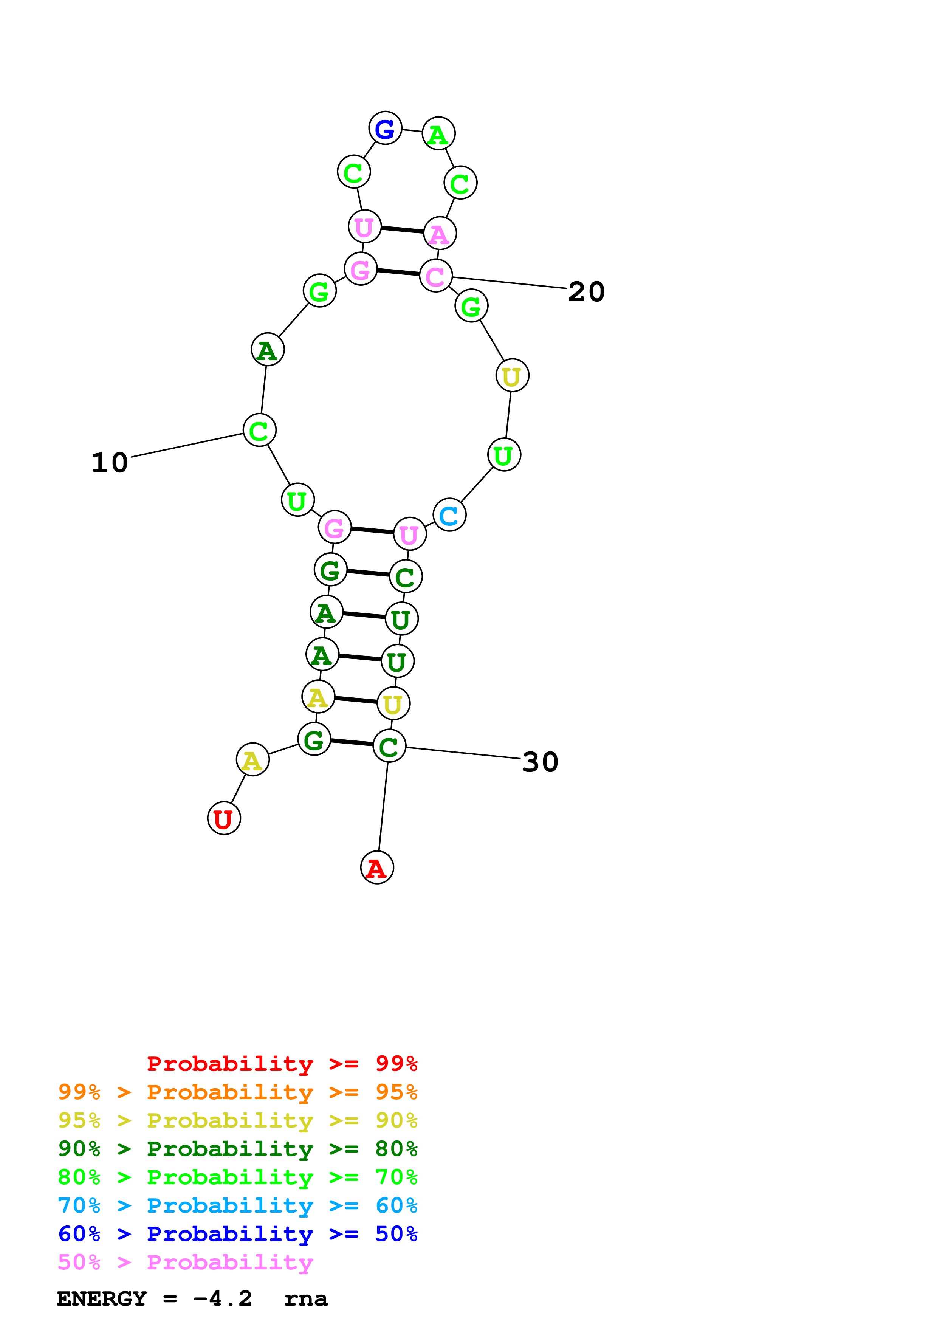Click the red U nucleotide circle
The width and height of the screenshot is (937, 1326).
pos(224,818)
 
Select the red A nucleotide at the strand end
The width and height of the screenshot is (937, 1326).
pos(377,867)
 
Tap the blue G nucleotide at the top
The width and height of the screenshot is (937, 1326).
pos(385,128)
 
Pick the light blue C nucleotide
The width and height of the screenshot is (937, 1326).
pos(449,515)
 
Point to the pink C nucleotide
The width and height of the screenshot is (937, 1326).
pos(436,276)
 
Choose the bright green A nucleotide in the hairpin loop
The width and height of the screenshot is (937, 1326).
pos(439,134)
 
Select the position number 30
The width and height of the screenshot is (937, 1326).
pos(540,762)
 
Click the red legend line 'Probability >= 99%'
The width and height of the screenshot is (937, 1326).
pos(282,1063)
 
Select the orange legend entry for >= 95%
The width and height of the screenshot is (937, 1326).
pos(238,1092)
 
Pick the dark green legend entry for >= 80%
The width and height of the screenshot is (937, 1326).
pos(238,1148)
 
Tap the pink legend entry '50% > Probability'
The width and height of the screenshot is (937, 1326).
pos(185,1262)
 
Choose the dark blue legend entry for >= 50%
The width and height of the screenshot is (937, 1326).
pos(238,1234)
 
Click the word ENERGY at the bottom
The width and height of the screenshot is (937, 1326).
pos(102,1299)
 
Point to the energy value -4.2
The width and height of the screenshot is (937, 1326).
pos(223,1299)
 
